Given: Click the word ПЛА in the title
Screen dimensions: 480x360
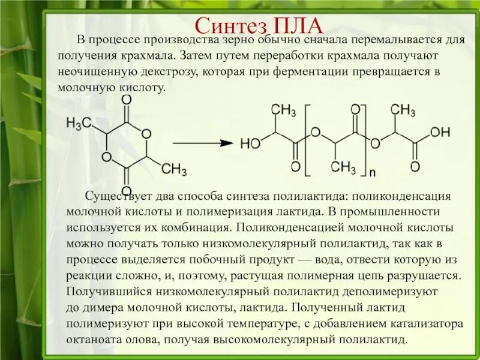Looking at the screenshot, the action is point(298,25).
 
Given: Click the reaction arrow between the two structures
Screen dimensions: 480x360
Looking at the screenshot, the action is point(203,143).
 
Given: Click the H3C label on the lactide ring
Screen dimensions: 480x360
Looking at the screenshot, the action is point(79,124).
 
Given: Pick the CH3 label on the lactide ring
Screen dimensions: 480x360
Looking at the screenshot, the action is point(174,170).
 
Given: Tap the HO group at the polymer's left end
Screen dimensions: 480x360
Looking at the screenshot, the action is point(250,144).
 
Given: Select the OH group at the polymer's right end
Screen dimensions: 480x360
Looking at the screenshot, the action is point(440,132).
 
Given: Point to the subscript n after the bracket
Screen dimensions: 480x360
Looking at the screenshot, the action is point(372,173).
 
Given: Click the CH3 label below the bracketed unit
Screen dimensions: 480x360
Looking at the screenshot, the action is point(344,167).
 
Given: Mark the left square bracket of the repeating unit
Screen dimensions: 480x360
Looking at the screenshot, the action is point(307,140).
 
